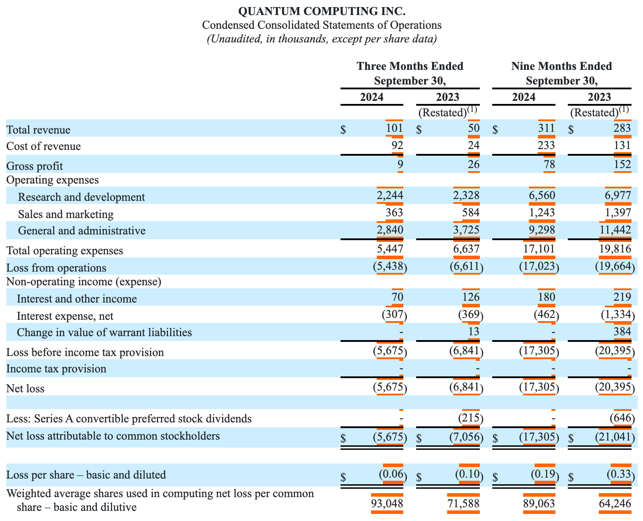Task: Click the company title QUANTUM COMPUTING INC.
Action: tap(321, 11)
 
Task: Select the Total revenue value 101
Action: tap(394, 129)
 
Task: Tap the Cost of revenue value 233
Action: tap(546, 146)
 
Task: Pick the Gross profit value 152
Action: tap(622, 165)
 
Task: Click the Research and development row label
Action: tap(81, 197)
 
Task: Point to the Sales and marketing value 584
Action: tap(471, 214)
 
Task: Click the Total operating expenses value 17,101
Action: tap(539, 250)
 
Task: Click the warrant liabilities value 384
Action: tap(622, 332)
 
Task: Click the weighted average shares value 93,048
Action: tap(387, 503)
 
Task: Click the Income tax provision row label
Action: tap(56, 369)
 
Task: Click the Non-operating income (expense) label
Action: tap(84, 281)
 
